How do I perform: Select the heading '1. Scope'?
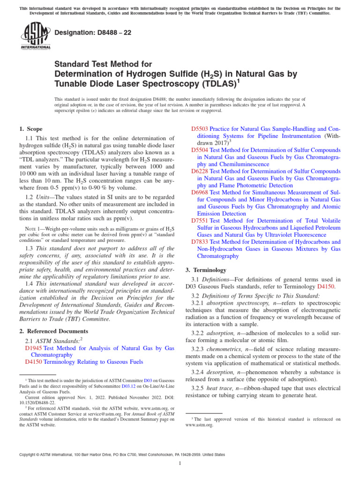(30, 129)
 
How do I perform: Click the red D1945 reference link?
(33, 348)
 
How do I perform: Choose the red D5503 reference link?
(200, 129)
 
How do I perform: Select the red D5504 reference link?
(200, 150)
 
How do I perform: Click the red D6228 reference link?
(200, 171)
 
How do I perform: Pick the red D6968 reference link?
(200, 192)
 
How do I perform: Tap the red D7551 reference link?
(200, 220)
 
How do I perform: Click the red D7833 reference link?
(200, 242)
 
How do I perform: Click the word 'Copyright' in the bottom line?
(29, 454)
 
